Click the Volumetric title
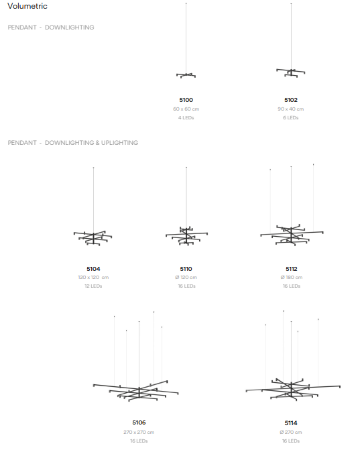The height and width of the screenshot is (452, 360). coord(27,6)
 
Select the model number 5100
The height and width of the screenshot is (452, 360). coord(186,100)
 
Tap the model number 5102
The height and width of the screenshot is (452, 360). coord(291,100)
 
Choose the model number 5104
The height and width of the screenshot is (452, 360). coord(93,269)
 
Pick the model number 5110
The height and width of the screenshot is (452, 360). coord(186,269)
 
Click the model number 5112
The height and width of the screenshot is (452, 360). coord(292,269)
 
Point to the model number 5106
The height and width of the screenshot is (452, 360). coord(139,422)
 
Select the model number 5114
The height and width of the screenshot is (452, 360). coord(291,423)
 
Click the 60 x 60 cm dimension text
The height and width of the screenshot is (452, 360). coord(186,109)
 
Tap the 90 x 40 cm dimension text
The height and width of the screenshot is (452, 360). coord(291,109)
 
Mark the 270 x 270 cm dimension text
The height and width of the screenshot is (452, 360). coord(139,432)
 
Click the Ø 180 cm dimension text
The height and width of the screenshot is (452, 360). coord(292,278)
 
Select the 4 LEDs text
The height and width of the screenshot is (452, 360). coord(186,117)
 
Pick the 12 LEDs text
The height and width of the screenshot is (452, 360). coord(93,286)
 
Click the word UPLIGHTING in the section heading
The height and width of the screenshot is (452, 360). coord(119,143)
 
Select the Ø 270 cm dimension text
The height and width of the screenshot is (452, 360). coord(291,432)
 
